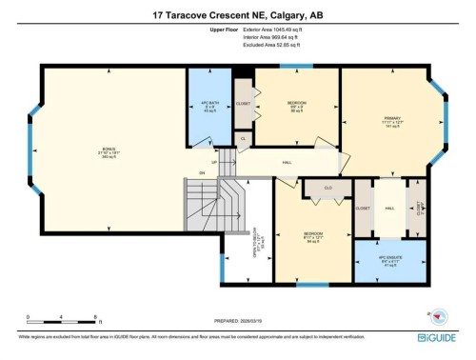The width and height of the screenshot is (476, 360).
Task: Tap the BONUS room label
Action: (108, 150)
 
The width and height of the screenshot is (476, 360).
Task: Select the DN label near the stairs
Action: (202, 172)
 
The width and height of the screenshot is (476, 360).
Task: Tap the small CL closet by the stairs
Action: (244, 139)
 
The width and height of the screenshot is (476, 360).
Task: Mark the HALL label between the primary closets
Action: (389, 208)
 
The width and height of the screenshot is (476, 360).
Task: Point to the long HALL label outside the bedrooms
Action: (287, 163)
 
